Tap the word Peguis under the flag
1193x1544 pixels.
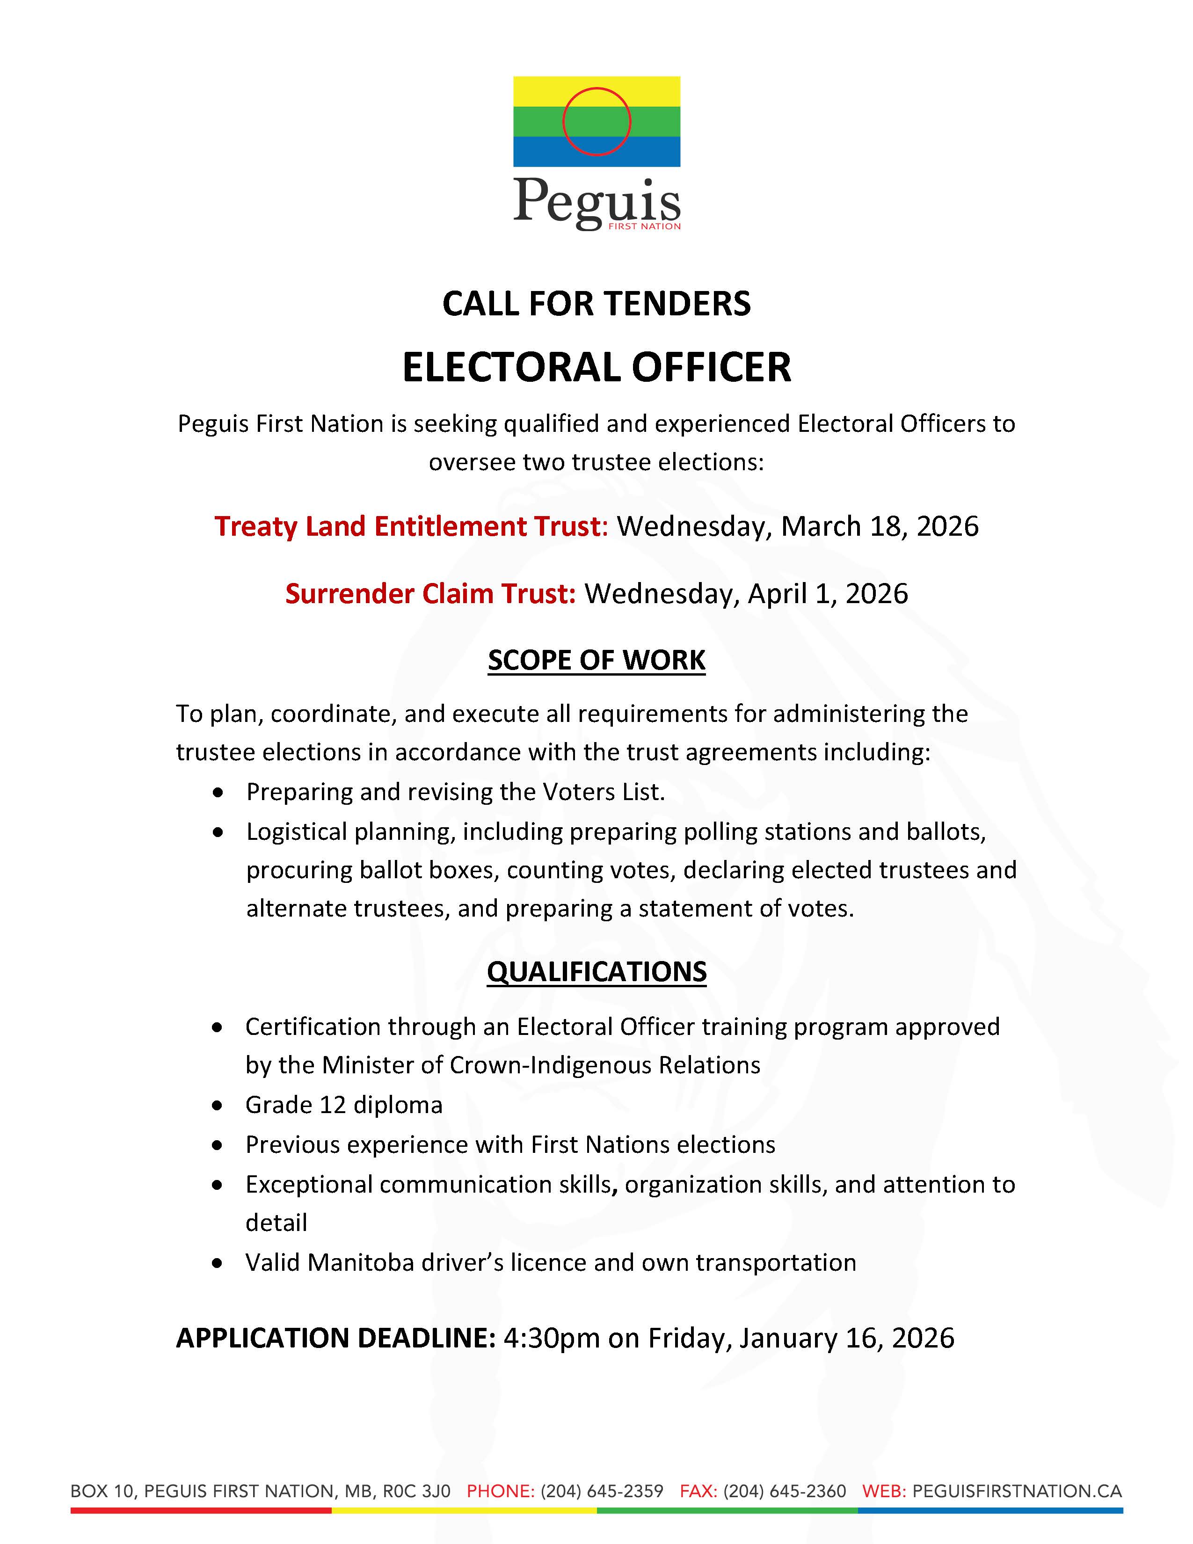[596, 202]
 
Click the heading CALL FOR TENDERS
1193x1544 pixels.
[596, 304]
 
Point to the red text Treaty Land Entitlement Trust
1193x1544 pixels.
[411, 527]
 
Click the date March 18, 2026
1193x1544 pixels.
[880, 527]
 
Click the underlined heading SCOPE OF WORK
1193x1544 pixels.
[596, 660]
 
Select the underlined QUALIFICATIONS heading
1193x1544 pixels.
[596, 972]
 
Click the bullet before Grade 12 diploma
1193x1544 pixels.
[218, 1106]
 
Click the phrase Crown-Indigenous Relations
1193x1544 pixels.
[605, 1065]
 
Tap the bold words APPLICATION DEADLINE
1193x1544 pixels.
[336, 1338]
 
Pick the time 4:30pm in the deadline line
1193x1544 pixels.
[551, 1338]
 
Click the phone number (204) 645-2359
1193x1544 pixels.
[602, 1491]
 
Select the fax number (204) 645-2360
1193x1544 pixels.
[785, 1491]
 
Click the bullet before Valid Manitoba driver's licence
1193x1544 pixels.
[218, 1263]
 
